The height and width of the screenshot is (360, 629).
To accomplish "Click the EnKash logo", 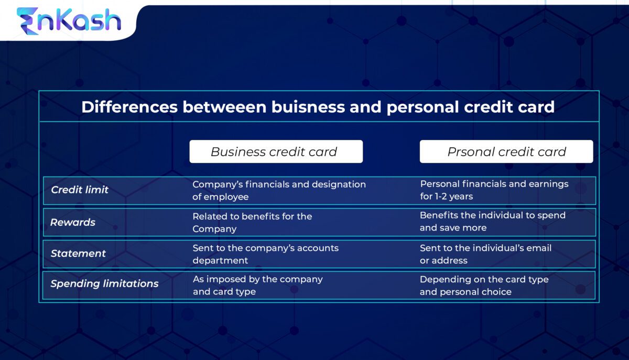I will pyautogui.click(x=69, y=21).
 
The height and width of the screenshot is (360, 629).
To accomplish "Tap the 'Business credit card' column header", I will pyautogui.click(x=276, y=152).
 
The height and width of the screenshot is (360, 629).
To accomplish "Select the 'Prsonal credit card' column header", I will pyautogui.click(x=506, y=152).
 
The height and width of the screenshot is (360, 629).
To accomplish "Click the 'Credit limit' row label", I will pyautogui.click(x=80, y=190).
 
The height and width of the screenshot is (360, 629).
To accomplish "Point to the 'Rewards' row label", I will pyautogui.click(x=73, y=222).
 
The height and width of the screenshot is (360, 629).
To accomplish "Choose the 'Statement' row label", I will pyautogui.click(x=78, y=253).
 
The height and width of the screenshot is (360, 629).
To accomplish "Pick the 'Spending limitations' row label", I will pyautogui.click(x=104, y=283).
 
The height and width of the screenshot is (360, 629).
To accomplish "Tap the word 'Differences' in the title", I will pyautogui.click(x=128, y=107).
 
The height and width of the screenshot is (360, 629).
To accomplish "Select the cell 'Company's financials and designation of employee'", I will pyautogui.click(x=279, y=190).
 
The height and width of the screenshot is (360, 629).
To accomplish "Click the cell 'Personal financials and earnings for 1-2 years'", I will pyautogui.click(x=494, y=190).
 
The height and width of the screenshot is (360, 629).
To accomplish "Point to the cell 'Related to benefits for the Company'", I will pyautogui.click(x=252, y=222).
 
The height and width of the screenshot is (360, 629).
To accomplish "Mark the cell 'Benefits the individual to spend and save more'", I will pyautogui.click(x=492, y=222).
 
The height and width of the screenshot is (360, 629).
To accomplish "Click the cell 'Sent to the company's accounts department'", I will pyautogui.click(x=265, y=254).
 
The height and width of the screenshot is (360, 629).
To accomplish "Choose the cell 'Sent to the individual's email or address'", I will pyautogui.click(x=485, y=254).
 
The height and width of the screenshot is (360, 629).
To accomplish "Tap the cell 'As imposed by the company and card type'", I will pyautogui.click(x=257, y=285).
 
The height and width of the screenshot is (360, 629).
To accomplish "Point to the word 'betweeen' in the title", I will pyautogui.click(x=224, y=107).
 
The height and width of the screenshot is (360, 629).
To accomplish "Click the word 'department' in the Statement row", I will pyautogui.click(x=220, y=260).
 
